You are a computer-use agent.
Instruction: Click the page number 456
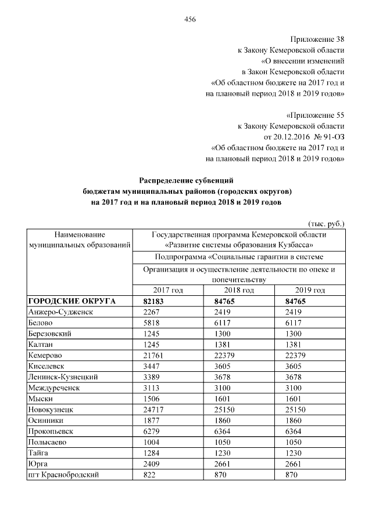click(189, 19)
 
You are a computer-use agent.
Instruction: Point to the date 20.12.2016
click(284, 136)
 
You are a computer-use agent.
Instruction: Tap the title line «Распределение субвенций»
click(186, 180)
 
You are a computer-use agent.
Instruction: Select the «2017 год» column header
click(168, 290)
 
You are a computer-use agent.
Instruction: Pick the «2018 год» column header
click(239, 290)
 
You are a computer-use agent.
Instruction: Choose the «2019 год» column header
click(310, 290)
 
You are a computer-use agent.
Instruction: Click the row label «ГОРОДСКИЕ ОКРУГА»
click(72, 301)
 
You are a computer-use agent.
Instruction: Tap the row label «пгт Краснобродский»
click(63, 475)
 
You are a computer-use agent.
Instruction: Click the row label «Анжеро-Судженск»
click(60, 312)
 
